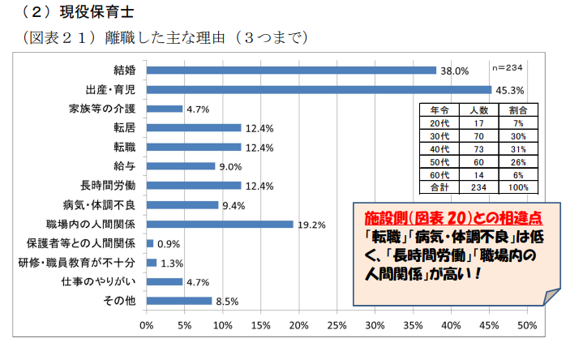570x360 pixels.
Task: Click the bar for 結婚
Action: (x=292, y=70)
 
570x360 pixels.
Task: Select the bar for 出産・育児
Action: (x=319, y=89)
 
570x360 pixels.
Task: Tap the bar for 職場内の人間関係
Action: (x=220, y=224)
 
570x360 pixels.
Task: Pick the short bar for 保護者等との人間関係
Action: (x=150, y=243)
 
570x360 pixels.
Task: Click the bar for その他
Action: (x=179, y=301)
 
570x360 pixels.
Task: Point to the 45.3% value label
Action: (x=508, y=90)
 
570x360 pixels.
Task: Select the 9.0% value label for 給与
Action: (x=231, y=167)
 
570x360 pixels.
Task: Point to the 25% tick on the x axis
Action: (x=337, y=326)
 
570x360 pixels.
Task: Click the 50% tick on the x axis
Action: (x=527, y=326)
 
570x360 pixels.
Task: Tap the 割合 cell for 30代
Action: (x=518, y=135)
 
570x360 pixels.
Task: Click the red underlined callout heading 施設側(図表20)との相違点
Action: (x=452, y=220)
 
